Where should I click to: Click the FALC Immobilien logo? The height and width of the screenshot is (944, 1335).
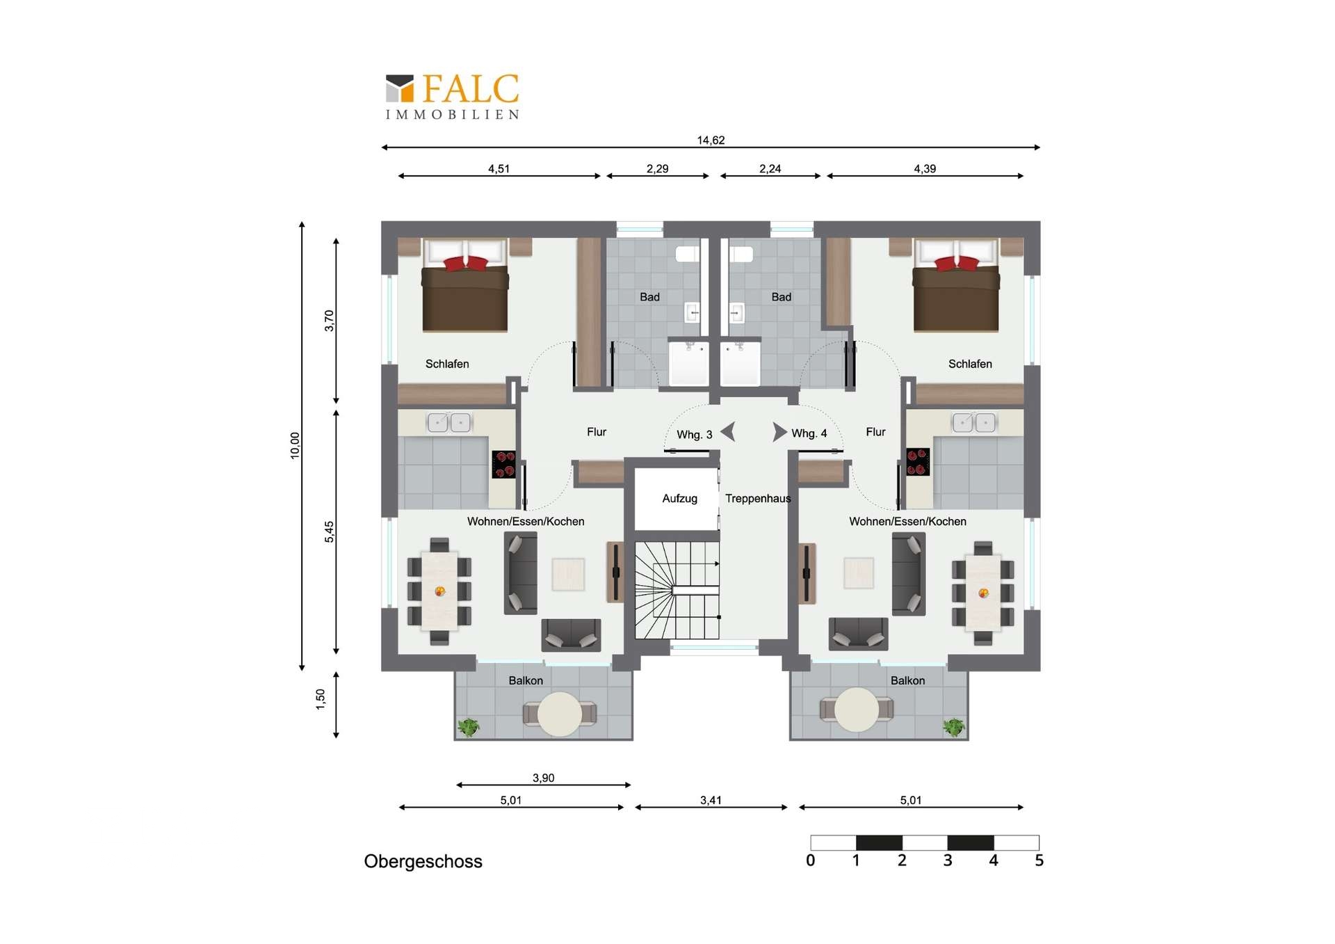coord(453,97)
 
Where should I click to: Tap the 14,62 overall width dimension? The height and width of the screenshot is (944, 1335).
coord(711,141)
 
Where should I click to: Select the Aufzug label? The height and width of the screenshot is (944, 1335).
coord(679,499)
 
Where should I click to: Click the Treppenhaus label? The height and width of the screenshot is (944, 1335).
coord(758,499)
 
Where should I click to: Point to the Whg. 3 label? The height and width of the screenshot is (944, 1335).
coord(695,435)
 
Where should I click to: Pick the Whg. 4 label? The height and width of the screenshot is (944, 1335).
coord(809,433)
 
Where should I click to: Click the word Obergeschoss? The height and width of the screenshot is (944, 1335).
coord(423,861)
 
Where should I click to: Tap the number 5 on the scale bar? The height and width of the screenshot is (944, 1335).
coord(1039,861)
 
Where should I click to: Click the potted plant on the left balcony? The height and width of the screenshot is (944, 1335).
coord(468,728)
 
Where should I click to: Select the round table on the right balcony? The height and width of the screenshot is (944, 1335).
coord(857,710)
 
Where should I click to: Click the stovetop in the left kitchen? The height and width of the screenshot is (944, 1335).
coord(504,464)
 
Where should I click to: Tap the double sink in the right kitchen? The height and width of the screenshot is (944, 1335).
coord(973,422)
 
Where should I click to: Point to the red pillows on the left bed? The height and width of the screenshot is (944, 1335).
coord(466,264)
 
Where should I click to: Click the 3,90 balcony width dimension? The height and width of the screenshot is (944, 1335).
coord(543,778)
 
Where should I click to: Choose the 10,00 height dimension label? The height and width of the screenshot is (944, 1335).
coord(295,445)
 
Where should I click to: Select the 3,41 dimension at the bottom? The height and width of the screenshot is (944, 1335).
coord(711,801)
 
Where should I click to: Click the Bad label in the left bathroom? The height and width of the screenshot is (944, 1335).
coord(649,297)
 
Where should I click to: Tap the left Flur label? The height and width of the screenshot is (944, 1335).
coord(597,432)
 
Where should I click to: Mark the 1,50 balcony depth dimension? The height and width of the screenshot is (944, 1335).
coord(321,699)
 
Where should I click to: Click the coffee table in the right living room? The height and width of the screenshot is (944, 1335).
coord(859,573)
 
